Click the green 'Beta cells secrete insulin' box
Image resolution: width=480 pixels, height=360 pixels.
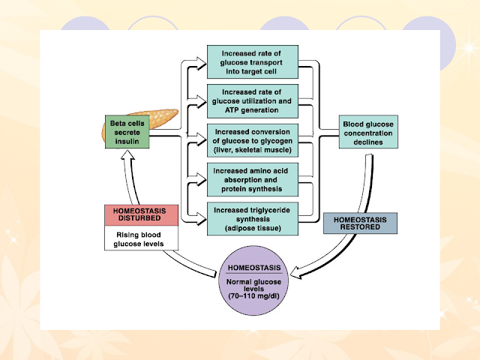point(127,132)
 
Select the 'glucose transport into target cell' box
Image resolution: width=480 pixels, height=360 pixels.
point(253,61)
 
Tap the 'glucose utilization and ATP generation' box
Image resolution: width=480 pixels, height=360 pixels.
point(253,101)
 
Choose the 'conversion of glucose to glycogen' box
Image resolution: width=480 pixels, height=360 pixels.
point(253,140)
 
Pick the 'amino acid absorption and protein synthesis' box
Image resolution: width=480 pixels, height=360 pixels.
point(253,180)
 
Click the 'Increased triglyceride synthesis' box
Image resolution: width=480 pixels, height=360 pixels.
point(253,219)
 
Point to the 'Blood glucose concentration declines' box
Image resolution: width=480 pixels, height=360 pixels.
point(368,132)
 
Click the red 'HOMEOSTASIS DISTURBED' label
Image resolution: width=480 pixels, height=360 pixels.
point(141,215)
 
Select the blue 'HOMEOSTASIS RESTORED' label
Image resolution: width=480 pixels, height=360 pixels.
point(360,223)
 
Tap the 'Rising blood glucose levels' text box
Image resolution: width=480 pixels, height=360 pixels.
point(141,238)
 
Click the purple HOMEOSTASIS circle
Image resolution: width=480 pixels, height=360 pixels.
point(253,280)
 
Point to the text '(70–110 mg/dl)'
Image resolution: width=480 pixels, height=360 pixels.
point(253,296)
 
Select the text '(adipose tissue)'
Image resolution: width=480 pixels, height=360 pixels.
point(253,228)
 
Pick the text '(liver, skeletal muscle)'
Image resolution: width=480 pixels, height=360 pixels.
point(253,150)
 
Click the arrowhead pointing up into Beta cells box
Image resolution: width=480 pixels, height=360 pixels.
point(127,155)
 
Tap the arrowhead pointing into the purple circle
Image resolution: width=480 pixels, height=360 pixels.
point(295,273)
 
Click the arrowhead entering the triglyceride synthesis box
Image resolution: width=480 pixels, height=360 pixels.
point(202,219)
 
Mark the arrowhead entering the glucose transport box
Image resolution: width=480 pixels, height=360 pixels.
point(202,64)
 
